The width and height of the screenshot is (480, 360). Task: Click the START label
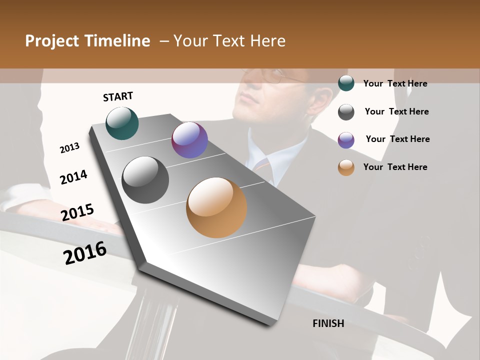[118, 96]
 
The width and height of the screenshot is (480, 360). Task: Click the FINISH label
[328, 323]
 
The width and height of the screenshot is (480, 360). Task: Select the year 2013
[70, 148]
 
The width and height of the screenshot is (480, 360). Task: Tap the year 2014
[74, 177]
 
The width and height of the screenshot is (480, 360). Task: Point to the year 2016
[85, 253]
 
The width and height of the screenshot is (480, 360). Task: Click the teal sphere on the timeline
[122, 123]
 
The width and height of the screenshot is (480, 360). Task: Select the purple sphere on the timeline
[189, 140]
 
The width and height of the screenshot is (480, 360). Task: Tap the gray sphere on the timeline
[145, 180]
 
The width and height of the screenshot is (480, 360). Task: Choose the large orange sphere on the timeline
[216, 207]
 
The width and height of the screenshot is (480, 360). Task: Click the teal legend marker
[346, 83]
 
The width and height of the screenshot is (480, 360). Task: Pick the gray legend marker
[346, 112]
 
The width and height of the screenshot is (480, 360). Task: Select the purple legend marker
[346, 140]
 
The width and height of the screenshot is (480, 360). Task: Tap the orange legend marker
[346, 167]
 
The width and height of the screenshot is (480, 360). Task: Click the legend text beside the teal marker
[395, 83]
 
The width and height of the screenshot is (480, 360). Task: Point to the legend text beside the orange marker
[395, 167]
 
